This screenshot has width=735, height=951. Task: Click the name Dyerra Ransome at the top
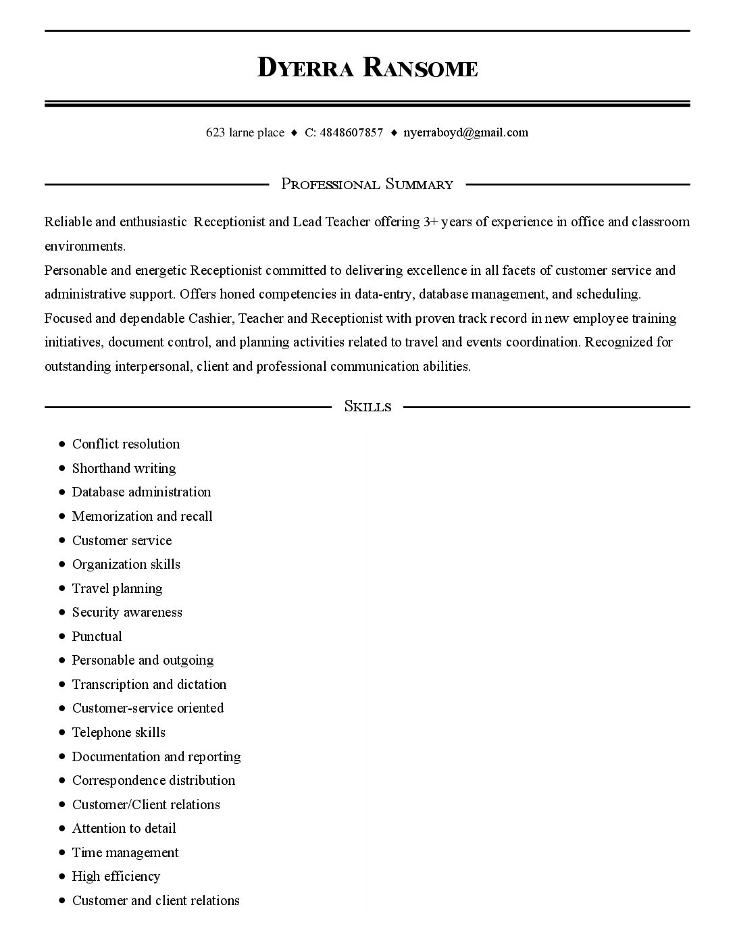pyautogui.click(x=367, y=68)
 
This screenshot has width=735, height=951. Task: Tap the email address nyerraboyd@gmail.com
pyautogui.click(x=465, y=132)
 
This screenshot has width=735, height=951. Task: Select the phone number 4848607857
pyautogui.click(x=351, y=132)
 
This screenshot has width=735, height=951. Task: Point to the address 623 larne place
pyautogui.click(x=245, y=132)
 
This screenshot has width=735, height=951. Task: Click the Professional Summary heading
pyautogui.click(x=367, y=184)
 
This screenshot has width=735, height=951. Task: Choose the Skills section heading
pyautogui.click(x=367, y=406)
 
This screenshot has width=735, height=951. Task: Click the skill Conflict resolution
pyautogui.click(x=126, y=444)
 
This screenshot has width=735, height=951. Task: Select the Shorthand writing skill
pyautogui.click(x=124, y=468)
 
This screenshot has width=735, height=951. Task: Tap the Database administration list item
pyautogui.click(x=141, y=492)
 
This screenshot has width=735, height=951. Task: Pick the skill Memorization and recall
pyautogui.click(x=142, y=516)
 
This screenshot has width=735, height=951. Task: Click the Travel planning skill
pyautogui.click(x=117, y=588)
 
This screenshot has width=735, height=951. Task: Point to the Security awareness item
pyautogui.click(x=127, y=612)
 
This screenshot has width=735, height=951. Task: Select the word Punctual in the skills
pyautogui.click(x=97, y=636)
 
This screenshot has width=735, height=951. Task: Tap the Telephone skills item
pyautogui.click(x=118, y=732)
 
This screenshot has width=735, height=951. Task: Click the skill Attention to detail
pyautogui.click(x=124, y=828)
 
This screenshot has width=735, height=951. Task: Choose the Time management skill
pyautogui.click(x=125, y=852)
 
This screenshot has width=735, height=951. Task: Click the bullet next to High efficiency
pyautogui.click(x=61, y=877)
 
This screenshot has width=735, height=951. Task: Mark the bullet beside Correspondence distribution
pyautogui.click(x=61, y=781)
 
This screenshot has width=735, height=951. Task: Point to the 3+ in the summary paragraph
pyautogui.click(x=430, y=222)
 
